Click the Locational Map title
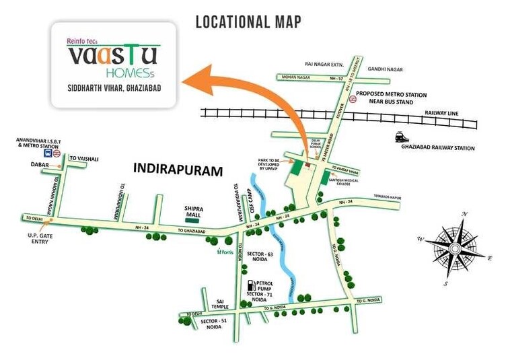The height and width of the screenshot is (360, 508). pyautogui.click(x=248, y=22)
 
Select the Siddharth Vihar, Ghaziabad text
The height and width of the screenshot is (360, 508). pyautogui.click(x=112, y=88)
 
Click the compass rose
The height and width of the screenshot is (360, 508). pyautogui.click(x=455, y=248)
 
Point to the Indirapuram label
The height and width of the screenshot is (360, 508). pyautogui.click(x=178, y=171)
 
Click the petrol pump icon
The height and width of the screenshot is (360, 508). pyautogui.click(x=252, y=285)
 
